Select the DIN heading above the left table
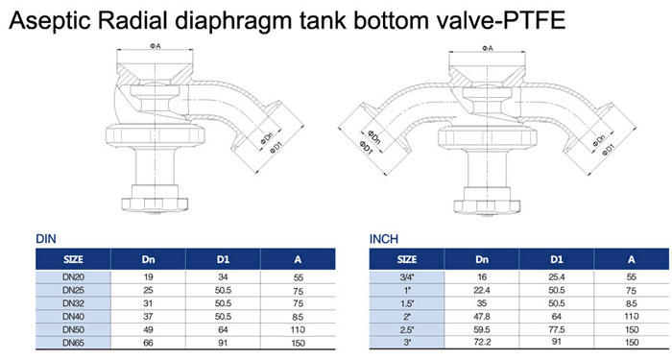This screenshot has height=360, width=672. tap(45, 237)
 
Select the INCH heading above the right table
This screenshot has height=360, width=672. tap(384, 237)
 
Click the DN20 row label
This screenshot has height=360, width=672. tap(74, 276)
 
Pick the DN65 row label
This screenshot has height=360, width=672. tap(74, 342)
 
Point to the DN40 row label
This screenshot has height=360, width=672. tap(74, 315)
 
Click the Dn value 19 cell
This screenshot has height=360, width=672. tap(148, 276)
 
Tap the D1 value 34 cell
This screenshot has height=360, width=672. tap(222, 276)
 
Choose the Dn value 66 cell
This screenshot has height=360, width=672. tap(148, 342)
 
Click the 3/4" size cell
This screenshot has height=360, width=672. tap(407, 276)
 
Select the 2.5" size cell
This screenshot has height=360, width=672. tap(407, 328)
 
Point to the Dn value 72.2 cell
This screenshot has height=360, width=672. tap(481, 342)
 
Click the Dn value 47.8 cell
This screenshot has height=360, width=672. tap(481, 315)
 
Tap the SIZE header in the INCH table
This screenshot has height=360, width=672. tap(407, 258)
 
